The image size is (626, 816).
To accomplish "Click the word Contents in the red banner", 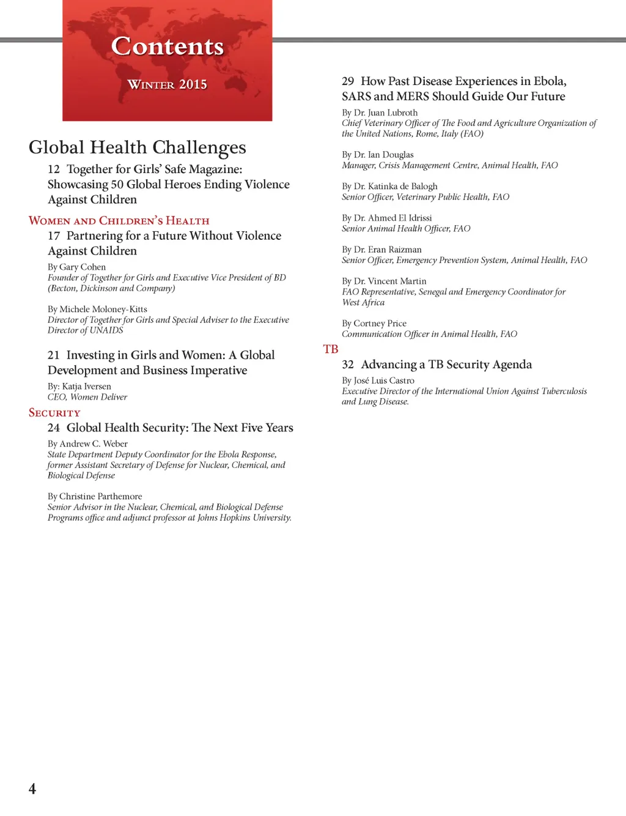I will pos(168,46).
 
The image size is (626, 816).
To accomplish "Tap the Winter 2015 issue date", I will pos(167,84).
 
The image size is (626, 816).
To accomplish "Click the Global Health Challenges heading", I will pos(138,147).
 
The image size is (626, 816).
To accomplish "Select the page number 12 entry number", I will pos(54,169).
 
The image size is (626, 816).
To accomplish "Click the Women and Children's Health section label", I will pos(119,221).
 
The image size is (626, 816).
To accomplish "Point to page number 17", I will pos(54,236).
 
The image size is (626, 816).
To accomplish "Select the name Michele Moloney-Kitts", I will pos(103,310).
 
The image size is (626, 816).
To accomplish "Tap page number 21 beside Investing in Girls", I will pos(54,355).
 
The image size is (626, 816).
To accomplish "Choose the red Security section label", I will pos(54,413).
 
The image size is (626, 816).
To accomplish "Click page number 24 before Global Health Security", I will pos(54,428).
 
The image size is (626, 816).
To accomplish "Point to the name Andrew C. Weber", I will pos(94,444).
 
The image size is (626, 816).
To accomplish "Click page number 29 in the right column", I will pos(348,81).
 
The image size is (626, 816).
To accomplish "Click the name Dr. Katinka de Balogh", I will pos(396,187).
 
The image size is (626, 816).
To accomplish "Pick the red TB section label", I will pos(331,349).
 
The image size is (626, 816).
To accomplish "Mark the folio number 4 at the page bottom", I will pos(32,789).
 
